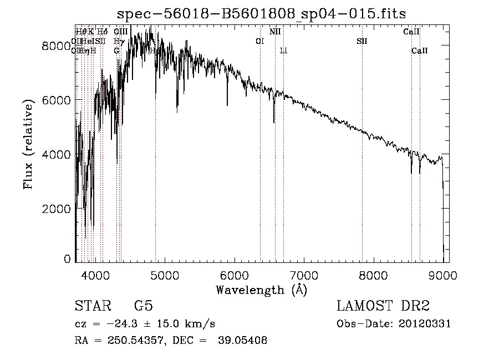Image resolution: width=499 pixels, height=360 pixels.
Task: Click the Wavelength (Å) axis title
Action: (261, 290)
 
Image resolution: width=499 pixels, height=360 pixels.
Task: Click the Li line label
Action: (283, 51)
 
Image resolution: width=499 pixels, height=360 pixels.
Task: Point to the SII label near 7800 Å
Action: (362, 42)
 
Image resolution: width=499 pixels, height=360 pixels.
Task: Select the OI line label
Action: (259, 42)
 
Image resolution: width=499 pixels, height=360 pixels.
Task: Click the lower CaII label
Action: (419, 51)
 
